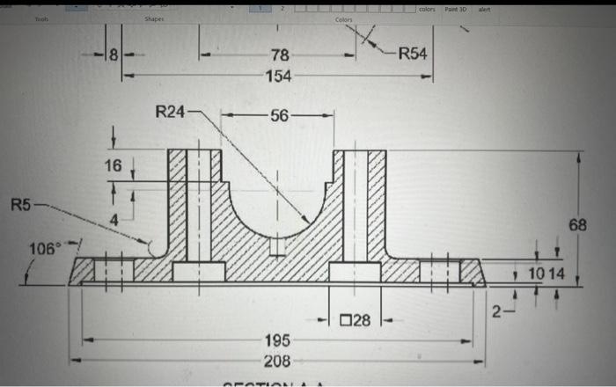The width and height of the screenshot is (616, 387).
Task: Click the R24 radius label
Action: (x=172, y=112)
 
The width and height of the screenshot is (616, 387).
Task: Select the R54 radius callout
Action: (x=413, y=54)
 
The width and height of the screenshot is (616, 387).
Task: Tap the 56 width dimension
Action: (x=278, y=115)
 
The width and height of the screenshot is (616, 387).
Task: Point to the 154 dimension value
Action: (x=278, y=77)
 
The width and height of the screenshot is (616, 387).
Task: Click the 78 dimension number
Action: (x=278, y=57)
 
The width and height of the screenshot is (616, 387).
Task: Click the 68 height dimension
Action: (x=577, y=225)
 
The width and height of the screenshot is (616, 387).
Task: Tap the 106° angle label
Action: (x=44, y=248)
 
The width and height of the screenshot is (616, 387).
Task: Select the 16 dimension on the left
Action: (x=114, y=166)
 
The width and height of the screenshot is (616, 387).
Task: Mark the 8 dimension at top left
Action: (x=113, y=56)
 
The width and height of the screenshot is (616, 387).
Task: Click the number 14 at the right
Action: (x=556, y=275)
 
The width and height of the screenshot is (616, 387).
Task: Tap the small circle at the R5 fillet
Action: (x=158, y=248)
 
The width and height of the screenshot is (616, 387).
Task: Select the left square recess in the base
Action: (x=198, y=271)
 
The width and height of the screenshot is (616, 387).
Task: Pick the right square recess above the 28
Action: (x=355, y=271)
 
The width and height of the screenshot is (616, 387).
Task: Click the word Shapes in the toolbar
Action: (x=155, y=18)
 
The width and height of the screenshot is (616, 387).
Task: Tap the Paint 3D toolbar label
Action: (x=456, y=9)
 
